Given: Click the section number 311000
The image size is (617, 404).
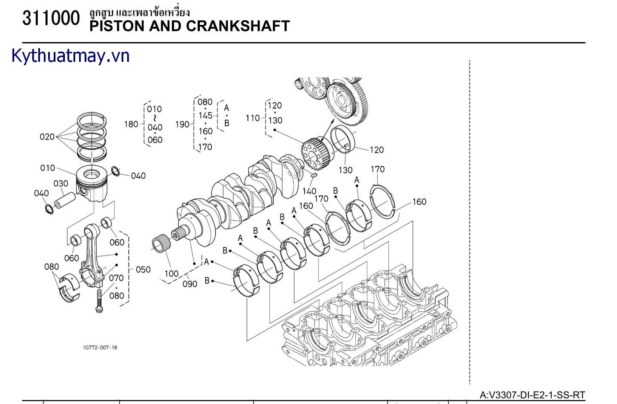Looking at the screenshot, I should click(x=51, y=18).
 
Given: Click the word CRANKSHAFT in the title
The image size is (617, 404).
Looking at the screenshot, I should click(x=238, y=26).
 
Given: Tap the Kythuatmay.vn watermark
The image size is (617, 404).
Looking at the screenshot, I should click(x=70, y=56).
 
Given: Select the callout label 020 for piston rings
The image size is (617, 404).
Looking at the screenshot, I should click(x=47, y=137).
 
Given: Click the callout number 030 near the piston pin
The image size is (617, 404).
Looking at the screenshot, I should click(x=61, y=184).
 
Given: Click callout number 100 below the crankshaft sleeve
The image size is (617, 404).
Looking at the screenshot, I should click(x=171, y=273).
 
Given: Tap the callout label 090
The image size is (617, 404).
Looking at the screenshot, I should click(x=190, y=284).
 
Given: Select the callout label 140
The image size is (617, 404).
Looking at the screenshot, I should click(x=309, y=191).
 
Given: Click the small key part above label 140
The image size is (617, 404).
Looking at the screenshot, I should click(x=314, y=175).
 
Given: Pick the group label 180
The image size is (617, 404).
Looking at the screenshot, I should click(x=131, y=125).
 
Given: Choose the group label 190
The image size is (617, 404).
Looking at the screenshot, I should click(x=182, y=125).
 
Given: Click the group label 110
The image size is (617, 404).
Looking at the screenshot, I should click(x=253, y=118).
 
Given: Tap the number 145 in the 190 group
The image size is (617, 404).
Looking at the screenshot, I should click(x=205, y=115).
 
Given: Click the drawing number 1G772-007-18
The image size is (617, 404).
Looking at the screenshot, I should click(x=100, y=347).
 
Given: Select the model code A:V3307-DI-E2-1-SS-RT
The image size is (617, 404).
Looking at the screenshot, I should click(x=532, y=395).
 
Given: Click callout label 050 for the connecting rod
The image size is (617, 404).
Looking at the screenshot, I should click(x=143, y=270).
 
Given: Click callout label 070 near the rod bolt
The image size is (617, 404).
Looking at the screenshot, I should click(x=116, y=278).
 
